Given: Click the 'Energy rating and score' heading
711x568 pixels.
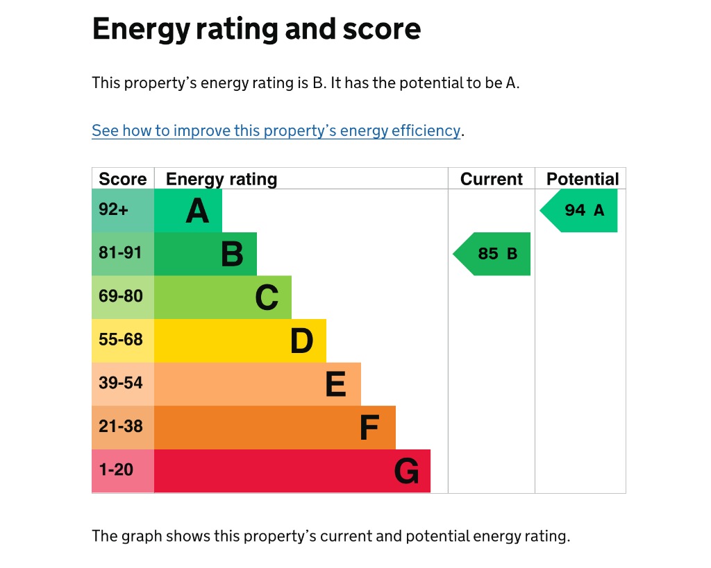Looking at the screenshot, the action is click(257, 29).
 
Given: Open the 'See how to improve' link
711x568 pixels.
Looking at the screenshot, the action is click(276, 130).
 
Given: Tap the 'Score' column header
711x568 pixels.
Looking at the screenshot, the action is click(123, 179).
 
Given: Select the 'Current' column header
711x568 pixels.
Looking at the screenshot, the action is click(492, 179).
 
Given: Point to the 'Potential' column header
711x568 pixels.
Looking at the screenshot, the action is click(583, 179).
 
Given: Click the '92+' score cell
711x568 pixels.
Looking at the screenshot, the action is click(123, 211).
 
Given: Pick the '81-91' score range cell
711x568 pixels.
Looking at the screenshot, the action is click(123, 254).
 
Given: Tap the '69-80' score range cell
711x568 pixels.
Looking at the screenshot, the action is click(123, 298).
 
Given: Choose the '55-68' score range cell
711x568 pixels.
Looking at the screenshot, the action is click(123, 341).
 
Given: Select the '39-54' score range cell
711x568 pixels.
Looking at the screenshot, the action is click(123, 384).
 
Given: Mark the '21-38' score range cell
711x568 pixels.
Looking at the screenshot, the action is click(123, 428).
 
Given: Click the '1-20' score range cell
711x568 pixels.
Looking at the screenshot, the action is click(123, 471).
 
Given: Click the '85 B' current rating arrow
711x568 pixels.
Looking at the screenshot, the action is click(492, 254).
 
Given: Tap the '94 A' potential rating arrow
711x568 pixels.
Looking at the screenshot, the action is click(579, 211).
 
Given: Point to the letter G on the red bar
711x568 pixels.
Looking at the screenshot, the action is click(406, 471).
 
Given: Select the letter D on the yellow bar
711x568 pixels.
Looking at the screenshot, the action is click(301, 341).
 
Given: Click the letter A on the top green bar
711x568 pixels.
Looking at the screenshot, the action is click(197, 211).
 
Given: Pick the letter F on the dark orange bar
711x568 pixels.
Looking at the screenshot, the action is click(369, 428).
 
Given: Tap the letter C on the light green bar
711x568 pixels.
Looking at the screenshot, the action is click(267, 298).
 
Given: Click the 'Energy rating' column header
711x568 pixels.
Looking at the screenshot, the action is click(221, 180).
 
